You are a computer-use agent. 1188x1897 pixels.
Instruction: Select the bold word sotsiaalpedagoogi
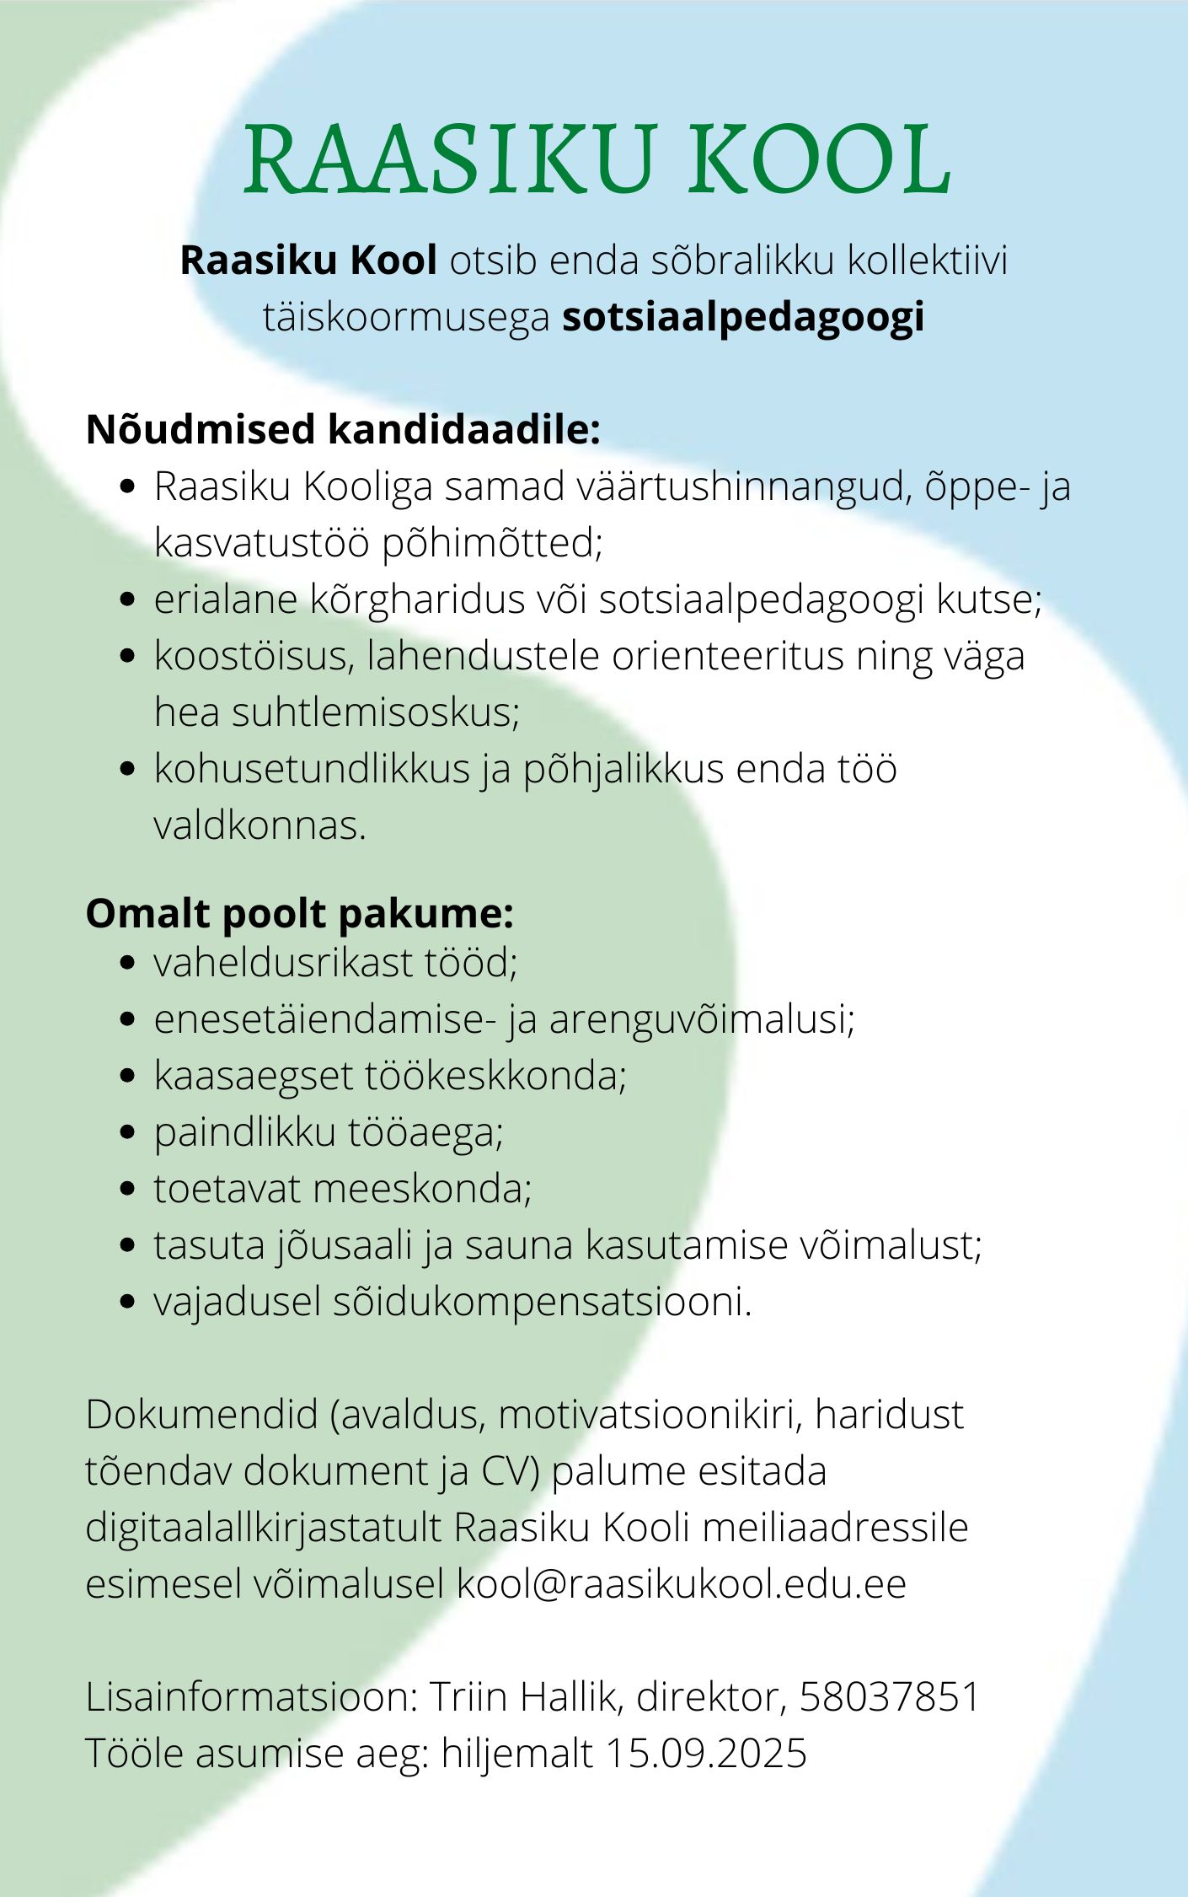[744, 317]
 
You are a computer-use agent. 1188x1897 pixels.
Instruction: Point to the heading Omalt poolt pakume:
[299, 914]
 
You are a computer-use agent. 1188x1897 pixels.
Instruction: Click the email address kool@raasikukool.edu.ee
[681, 1583]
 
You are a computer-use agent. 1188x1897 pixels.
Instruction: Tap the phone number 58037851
[890, 1696]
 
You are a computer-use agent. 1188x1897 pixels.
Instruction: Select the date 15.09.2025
[706, 1753]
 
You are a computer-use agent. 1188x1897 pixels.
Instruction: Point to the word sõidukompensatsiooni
[542, 1302]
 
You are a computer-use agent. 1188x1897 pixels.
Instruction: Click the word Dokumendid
[201, 1414]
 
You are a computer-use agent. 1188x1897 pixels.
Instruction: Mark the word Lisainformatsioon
[251, 1696]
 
